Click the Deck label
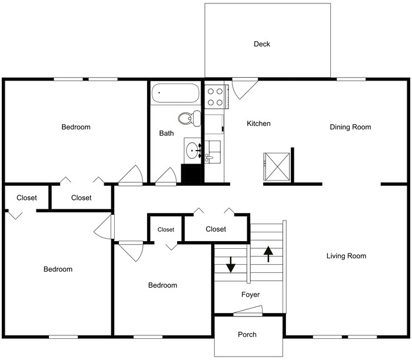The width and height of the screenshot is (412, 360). pos(262,44)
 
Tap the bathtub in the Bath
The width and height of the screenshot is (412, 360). pos(175,93)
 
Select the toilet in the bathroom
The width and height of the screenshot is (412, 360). pos(190,118)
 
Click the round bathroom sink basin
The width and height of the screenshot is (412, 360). pos(192,151)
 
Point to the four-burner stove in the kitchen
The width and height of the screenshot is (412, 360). pos(215,96)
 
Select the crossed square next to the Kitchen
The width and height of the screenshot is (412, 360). pos(277,166)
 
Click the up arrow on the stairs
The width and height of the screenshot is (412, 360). pos(268,254)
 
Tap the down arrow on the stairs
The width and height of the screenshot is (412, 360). pos(231,265)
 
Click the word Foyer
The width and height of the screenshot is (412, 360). pos(250,295)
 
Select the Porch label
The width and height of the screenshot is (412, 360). pos(247,335)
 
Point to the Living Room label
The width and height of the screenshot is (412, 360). pos(346,256)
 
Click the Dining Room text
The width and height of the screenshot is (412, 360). pos(350,127)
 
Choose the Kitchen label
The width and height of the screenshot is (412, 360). pos(258,124)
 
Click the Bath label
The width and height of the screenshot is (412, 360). pos(167,134)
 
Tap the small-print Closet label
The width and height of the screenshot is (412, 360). pos(166,229)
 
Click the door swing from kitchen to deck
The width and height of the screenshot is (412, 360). pos(245,88)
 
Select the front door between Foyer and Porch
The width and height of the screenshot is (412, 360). pos(248,310)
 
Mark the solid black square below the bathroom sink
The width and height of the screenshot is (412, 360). pos(191,174)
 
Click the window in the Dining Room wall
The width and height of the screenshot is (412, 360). pos(351,79)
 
